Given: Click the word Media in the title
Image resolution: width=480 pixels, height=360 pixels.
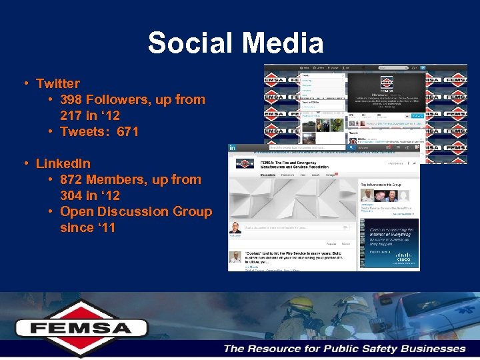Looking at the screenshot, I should pos(283,43).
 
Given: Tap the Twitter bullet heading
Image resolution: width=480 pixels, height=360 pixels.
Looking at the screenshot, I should pos(58,83).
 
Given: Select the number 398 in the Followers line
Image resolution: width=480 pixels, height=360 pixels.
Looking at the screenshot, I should pos(71,99).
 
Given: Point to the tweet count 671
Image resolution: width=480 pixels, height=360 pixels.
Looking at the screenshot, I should pos(127,131).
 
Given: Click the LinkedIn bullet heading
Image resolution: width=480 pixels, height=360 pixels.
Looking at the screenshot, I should pos(63,163).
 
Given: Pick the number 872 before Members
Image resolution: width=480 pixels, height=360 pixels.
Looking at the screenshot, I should pos(71,179).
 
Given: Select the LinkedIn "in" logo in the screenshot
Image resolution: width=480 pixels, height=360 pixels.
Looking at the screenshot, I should pos(232,147).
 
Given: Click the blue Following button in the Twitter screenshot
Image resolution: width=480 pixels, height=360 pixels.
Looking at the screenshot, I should pos(417,115).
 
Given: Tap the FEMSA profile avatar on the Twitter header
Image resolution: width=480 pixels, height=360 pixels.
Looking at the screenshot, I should pos(386,83).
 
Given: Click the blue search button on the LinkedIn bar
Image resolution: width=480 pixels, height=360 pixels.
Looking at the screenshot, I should pos(413,147).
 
